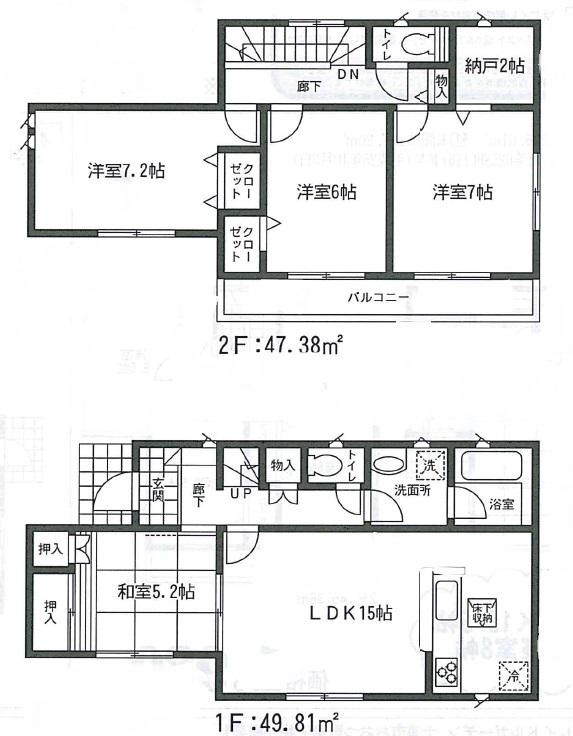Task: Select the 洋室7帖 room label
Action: pyautogui.click(x=462, y=190)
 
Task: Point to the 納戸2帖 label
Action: pyautogui.click(x=494, y=66)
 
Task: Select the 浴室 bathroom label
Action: pyautogui.click(x=501, y=504)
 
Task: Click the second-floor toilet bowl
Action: pyautogui.click(x=416, y=46)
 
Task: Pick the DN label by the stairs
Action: pyautogui.click(x=348, y=75)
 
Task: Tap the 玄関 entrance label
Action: pyautogui.click(x=159, y=490)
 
